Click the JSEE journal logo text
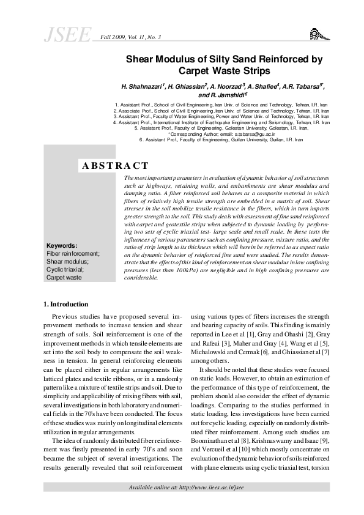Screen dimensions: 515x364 [x=67, y=36]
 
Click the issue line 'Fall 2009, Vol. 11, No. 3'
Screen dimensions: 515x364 [x=130, y=37]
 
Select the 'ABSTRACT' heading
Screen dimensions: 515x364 [x=115, y=166]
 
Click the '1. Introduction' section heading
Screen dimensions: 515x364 [x=66, y=304]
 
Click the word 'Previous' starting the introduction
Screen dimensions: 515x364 [x=67, y=317]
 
